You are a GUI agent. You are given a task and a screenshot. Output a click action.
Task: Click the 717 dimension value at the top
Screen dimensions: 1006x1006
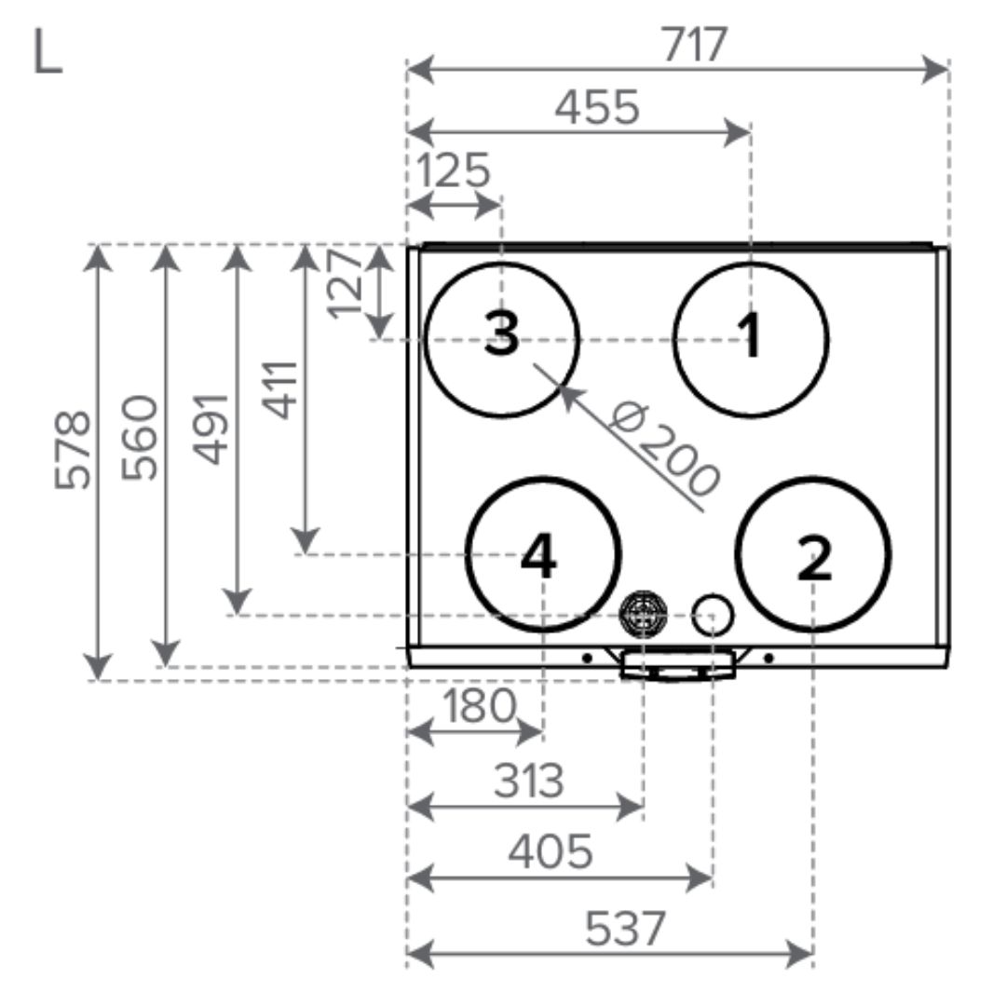[694, 45]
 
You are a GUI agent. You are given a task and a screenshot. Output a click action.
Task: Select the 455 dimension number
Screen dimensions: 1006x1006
[597, 107]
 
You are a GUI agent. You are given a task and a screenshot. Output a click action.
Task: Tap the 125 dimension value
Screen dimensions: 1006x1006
[454, 170]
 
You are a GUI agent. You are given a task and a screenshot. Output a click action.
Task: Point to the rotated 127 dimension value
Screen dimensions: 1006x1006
[346, 283]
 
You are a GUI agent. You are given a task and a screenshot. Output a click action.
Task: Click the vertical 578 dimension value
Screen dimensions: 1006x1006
[73, 450]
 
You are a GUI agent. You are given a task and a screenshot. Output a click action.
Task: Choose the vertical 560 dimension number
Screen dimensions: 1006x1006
[139, 438]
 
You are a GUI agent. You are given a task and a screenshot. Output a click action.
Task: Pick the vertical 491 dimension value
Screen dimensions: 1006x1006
[211, 428]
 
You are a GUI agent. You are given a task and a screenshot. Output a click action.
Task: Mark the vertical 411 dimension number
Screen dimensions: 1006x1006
[279, 390]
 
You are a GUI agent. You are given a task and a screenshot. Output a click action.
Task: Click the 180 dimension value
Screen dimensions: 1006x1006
[480, 706]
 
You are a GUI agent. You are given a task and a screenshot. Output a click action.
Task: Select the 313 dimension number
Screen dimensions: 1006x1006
[529, 781]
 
